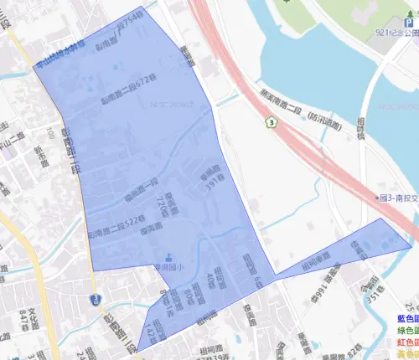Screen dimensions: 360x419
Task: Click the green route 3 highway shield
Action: coord(271,122)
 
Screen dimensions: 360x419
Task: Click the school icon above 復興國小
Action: coord(169,258)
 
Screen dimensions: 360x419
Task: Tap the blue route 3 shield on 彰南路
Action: coord(94,298)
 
